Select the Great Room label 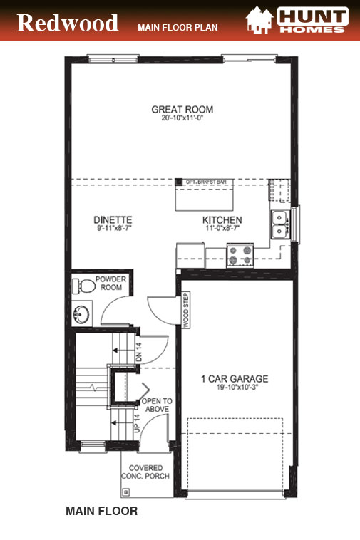point(182,110)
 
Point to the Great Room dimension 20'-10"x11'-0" point(182,119)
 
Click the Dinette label point(113,219)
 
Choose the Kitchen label point(222,220)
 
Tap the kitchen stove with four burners point(240,254)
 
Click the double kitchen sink point(279,224)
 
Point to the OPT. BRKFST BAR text point(206,182)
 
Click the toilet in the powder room point(84,286)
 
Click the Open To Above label point(157,404)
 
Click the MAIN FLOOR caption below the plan point(101,511)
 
